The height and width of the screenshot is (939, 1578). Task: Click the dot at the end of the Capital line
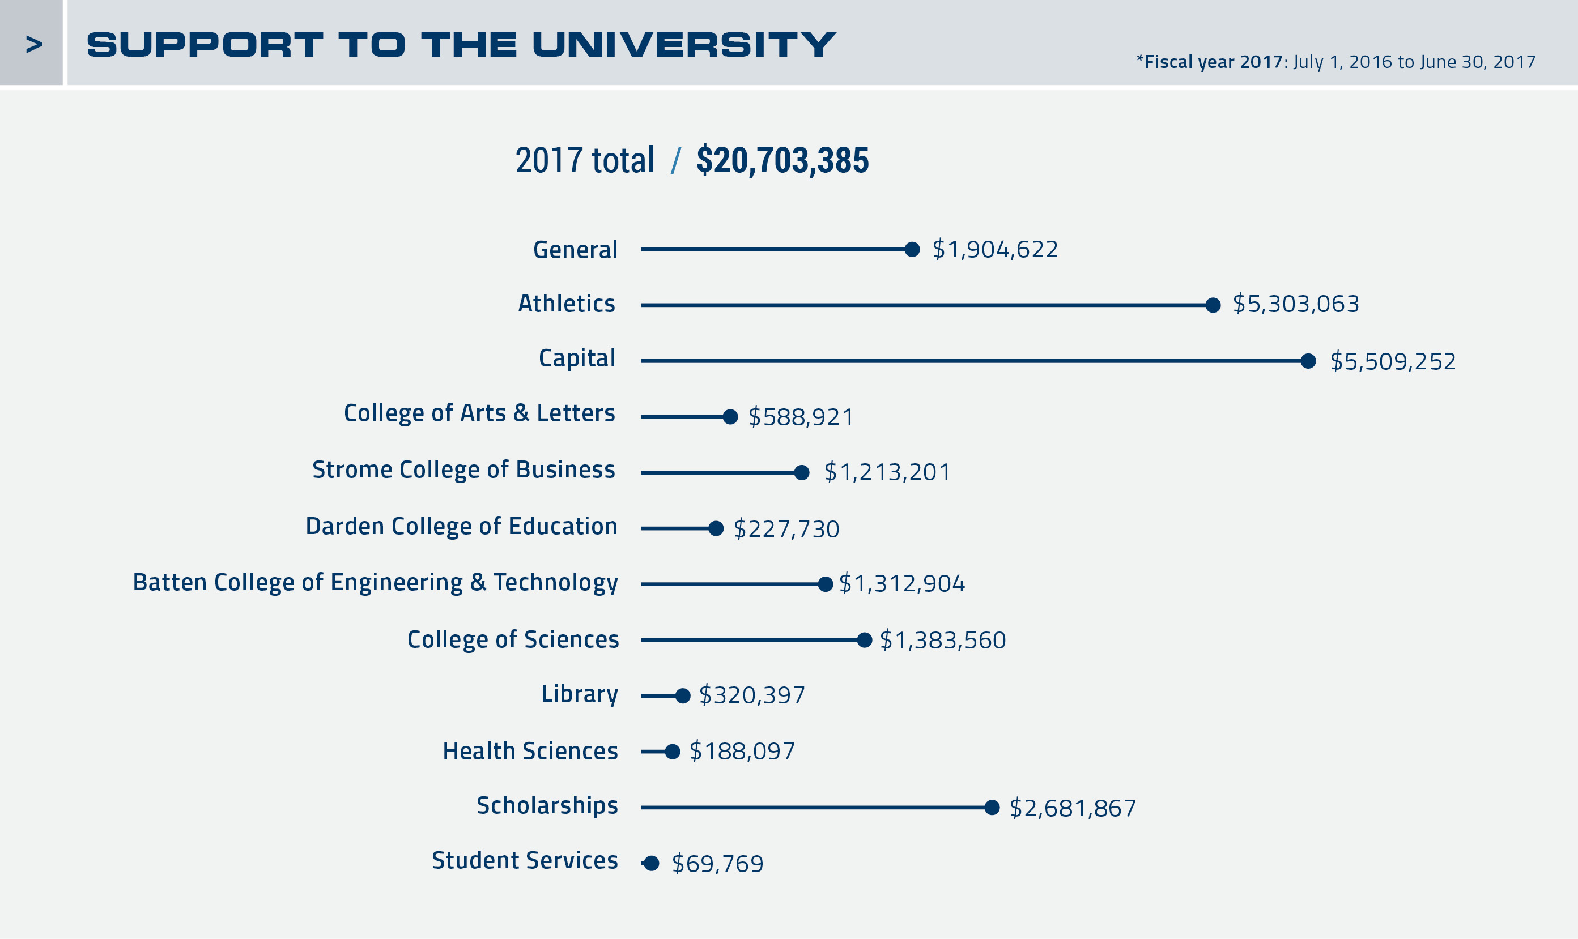1308,361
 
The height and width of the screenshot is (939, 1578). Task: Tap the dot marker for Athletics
1213,305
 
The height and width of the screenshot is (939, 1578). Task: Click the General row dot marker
912,249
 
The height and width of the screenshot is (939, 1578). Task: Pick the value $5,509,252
1393,361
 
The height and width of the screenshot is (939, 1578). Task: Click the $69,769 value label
717,864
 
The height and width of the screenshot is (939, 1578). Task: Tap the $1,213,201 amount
887,472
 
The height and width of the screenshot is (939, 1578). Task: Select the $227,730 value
786,529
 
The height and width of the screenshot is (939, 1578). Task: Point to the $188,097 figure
742,751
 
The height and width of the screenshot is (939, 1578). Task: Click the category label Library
579,694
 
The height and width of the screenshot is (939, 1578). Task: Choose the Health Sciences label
530,751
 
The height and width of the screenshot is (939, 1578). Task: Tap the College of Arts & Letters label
479,412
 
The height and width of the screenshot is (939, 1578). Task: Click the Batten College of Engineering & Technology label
375,582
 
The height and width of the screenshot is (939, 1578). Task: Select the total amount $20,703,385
782,160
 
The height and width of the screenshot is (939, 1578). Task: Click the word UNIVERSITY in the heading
683,44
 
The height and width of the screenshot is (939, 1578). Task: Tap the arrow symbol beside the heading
33,44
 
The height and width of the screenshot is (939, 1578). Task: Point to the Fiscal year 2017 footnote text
1335,61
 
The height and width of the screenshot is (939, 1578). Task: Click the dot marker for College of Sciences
864,640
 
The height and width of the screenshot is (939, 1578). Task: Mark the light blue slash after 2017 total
676,160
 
